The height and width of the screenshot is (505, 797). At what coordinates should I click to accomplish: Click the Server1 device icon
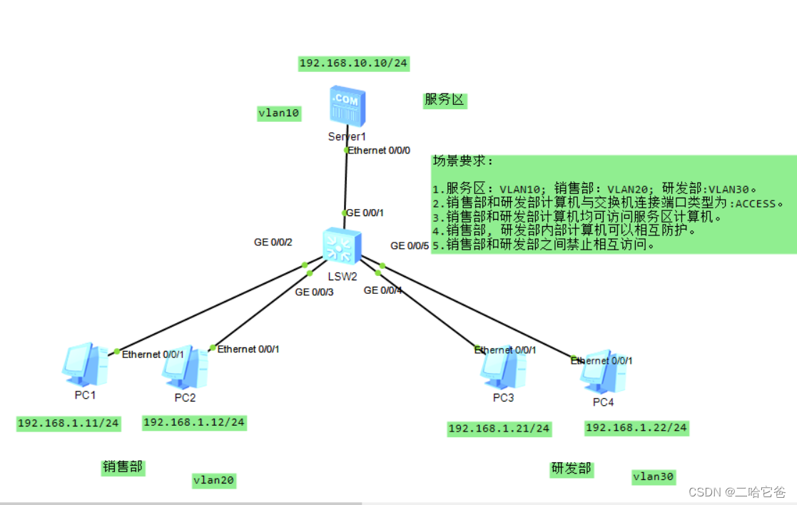coord(347,106)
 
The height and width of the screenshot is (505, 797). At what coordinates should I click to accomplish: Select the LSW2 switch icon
coord(342,246)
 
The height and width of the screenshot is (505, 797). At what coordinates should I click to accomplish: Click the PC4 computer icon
coord(603,372)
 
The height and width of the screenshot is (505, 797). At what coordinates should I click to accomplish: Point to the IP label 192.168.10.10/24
coord(353,63)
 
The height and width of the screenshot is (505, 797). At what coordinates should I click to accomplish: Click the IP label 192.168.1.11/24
coord(68,424)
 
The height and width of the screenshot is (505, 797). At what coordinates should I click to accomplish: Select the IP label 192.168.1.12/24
coord(194,423)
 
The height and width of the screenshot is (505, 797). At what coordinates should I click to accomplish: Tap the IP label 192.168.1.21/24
coord(499,429)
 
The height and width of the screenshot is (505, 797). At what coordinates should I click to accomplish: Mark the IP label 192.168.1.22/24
coord(636,428)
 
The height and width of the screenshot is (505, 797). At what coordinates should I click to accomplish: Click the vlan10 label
coord(278,113)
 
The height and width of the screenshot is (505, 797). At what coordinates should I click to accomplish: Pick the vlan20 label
coord(213,481)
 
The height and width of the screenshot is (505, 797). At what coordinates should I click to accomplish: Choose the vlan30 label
coord(653,476)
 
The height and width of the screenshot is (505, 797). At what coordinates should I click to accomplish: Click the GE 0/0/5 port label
coord(410,246)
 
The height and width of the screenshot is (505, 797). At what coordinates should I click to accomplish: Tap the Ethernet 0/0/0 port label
coord(379,151)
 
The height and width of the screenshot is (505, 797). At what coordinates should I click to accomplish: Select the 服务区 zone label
coord(444,100)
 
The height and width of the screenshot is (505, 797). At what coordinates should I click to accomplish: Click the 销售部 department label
coord(123,467)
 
